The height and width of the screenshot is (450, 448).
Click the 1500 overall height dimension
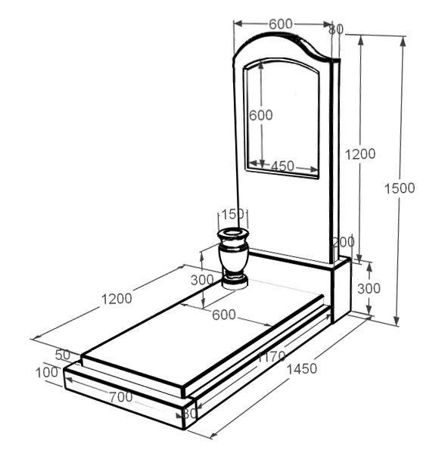400,188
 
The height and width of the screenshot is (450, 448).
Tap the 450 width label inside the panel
282,166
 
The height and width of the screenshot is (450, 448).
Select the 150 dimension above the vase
232,214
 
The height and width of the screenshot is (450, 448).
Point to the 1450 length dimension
301,369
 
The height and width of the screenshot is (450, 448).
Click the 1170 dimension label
272,356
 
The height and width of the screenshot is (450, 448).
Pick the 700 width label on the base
120,397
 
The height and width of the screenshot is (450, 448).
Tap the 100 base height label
47,373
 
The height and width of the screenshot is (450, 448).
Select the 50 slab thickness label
63,355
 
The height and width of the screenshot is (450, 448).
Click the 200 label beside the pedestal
343,242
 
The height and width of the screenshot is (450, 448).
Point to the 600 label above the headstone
281,24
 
